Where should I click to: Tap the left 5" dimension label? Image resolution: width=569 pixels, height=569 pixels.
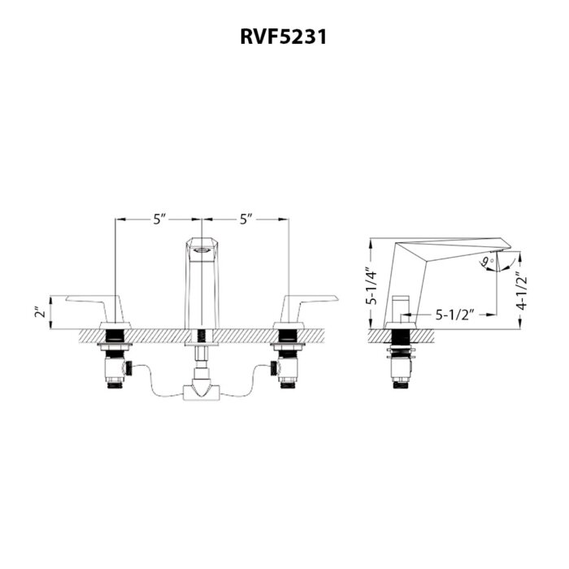tap(159, 219)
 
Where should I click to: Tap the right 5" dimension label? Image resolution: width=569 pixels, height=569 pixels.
tap(246, 219)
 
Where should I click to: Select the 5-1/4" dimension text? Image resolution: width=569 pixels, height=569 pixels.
tap(369, 286)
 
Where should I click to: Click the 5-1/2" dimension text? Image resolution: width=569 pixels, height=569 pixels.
tap(454, 311)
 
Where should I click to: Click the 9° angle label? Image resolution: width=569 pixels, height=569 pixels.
tap(485, 262)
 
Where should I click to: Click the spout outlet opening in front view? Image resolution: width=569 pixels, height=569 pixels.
tap(201, 252)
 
